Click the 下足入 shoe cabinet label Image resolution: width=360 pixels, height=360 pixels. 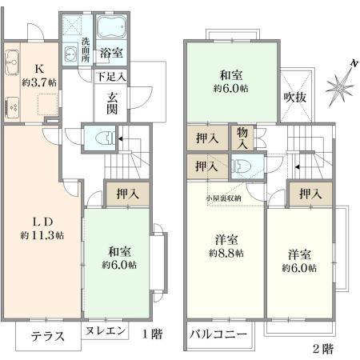coord(111,78)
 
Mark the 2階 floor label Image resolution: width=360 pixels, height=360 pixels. coord(322,349)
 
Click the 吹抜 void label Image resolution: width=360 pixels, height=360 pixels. coord(295,97)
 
